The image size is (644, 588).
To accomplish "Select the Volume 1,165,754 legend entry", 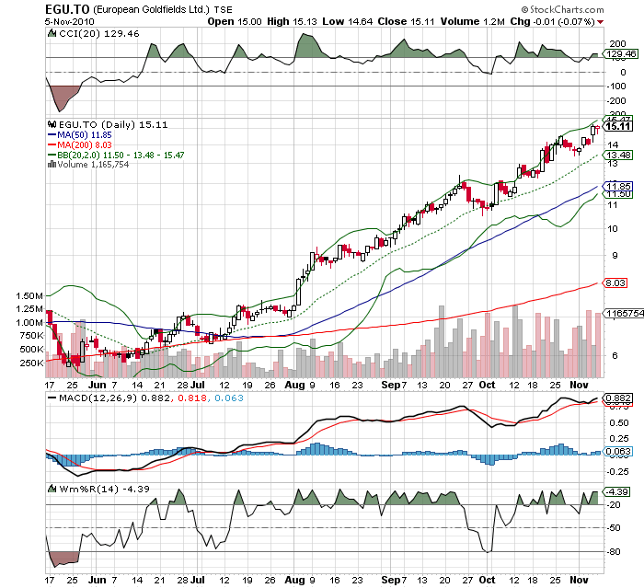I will pos(93,166).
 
